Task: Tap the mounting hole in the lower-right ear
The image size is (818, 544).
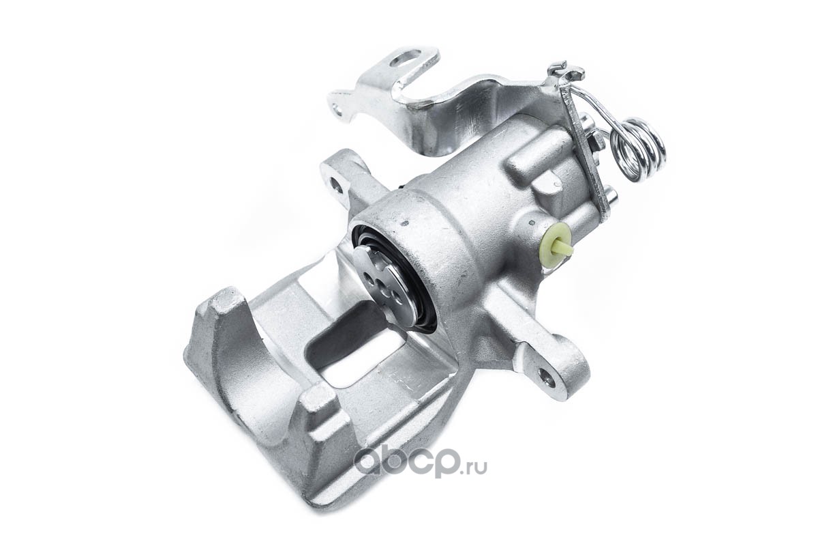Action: coord(545,383)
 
